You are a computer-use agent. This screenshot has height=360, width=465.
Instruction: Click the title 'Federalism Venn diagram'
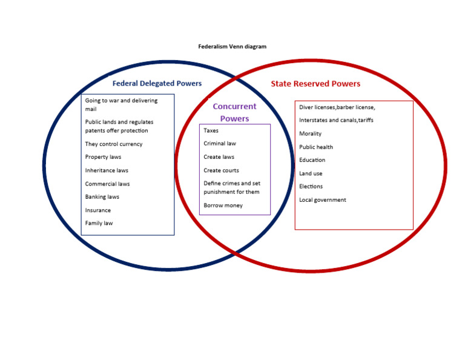232,47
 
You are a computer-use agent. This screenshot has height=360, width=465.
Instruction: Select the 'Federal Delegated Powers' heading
157,84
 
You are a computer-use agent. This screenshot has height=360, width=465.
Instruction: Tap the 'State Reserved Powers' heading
315,84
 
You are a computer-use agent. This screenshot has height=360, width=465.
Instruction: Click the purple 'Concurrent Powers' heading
234,113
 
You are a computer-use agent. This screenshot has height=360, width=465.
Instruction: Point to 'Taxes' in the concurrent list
211,130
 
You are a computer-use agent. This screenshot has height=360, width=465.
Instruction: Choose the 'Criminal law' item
220,144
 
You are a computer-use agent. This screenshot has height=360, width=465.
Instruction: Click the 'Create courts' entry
221,170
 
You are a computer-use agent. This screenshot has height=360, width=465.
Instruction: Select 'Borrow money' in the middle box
223,205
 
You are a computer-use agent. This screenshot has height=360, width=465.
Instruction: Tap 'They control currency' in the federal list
114,144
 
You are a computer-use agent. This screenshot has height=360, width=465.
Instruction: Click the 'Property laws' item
103,157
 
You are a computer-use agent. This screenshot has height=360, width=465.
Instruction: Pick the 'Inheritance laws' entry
107,170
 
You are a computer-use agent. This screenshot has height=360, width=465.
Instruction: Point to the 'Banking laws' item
102,197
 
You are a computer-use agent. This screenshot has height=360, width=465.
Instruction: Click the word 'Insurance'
98,210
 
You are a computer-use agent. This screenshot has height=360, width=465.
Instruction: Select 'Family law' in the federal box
99,223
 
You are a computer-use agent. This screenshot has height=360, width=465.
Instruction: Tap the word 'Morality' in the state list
310,134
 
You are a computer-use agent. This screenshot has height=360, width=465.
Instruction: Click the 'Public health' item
316,147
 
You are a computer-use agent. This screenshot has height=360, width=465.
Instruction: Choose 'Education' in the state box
312,160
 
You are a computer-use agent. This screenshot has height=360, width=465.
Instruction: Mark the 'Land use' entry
311,173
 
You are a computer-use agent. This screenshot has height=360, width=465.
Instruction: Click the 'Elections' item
311,187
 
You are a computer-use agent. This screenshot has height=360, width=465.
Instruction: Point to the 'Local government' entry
323,200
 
